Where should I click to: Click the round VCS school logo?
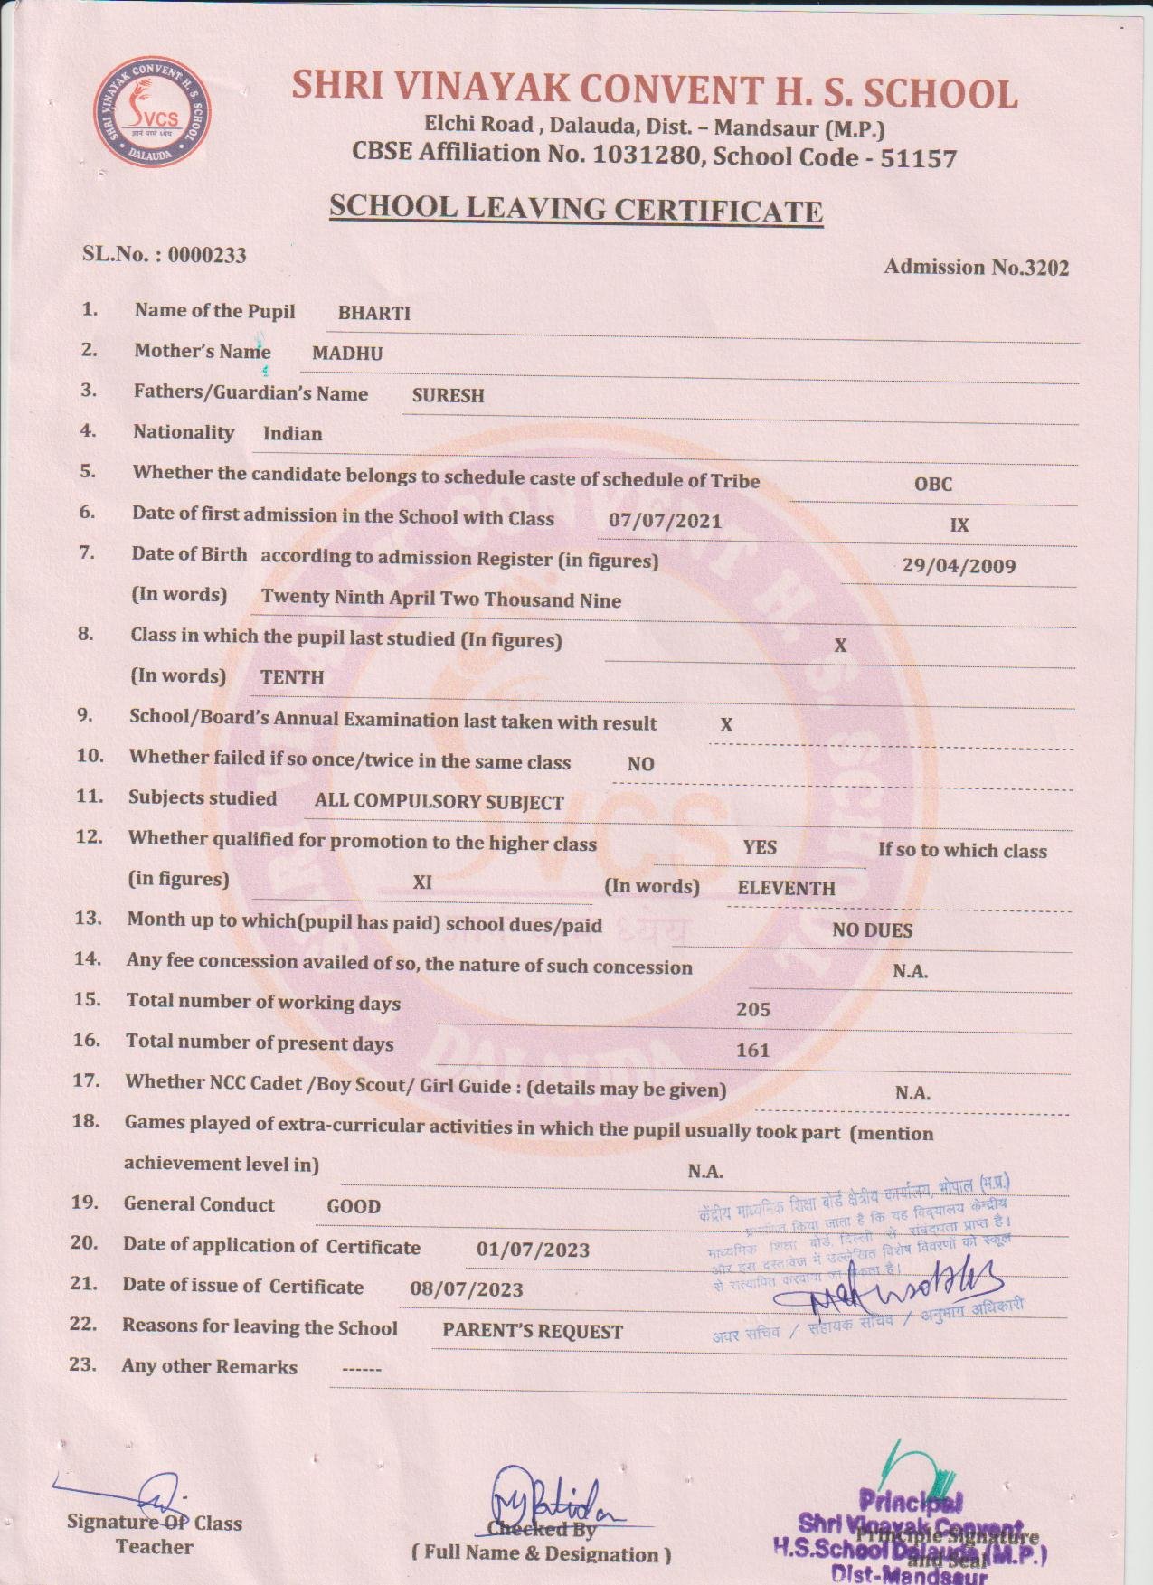tap(153, 115)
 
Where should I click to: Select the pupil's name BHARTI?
tap(373, 314)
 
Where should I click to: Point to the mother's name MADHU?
tap(347, 354)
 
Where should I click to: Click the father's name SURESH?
tap(448, 395)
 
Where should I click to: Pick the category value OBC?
tap(932, 484)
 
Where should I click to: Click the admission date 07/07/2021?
tap(665, 521)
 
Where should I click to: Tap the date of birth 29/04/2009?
tap(959, 567)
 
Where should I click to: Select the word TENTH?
tap(291, 677)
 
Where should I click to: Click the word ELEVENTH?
tap(786, 888)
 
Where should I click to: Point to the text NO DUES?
tap(872, 930)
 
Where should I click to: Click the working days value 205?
tap(752, 1009)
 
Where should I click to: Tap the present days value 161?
tap(752, 1050)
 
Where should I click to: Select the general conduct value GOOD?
tap(354, 1206)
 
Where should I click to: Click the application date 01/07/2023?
tap(533, 1250)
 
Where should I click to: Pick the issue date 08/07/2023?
tap(466, 1290)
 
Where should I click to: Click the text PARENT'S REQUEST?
tap(532, 1332)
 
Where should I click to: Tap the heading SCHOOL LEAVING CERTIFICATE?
tap(575, 209)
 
